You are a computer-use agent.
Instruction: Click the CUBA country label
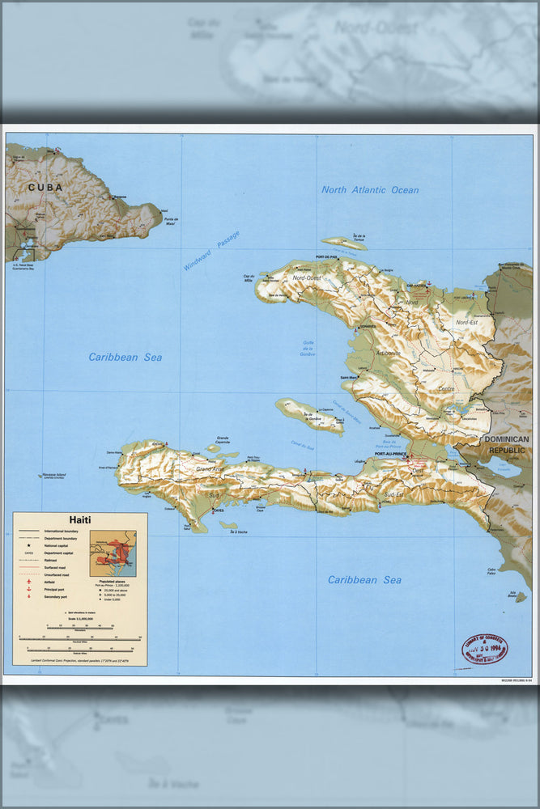coord(45,187)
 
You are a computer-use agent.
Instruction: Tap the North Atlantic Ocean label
coord(370,190)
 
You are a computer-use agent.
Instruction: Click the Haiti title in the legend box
coord(79,520)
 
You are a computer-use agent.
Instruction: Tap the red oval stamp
coord(484,649)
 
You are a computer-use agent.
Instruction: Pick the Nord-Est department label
coord(467,323)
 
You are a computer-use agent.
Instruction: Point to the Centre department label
coord(444,389)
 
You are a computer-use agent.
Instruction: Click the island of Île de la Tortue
coord(344,243)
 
